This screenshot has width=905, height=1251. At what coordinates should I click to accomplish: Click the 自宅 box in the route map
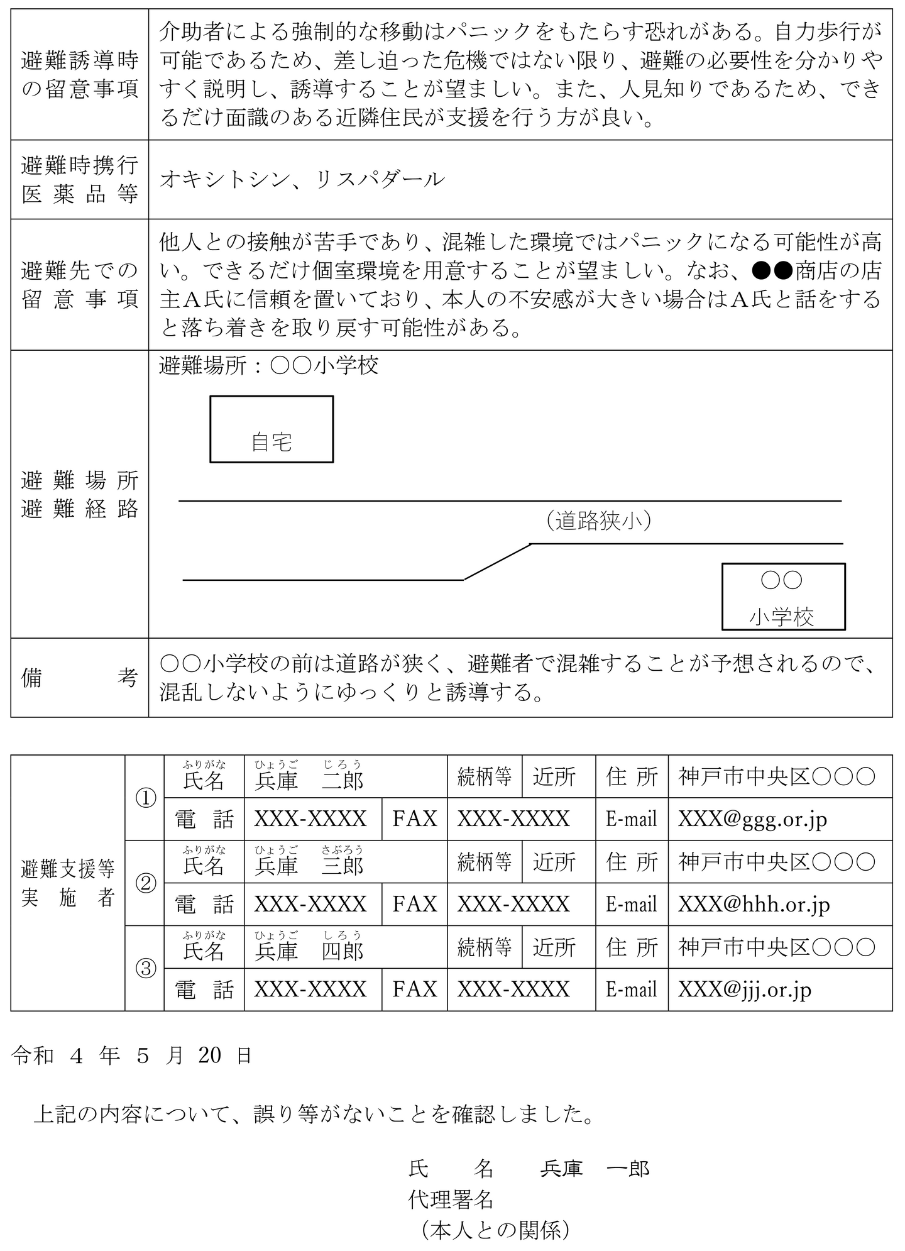pyautogui.click(x=271, y=429)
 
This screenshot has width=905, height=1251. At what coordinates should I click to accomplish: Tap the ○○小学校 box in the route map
pyautogui.click(x=783, y=597)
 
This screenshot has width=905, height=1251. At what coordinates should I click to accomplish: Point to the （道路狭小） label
pyautogui.click(x=598, y=521)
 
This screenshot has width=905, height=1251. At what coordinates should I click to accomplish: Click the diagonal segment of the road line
pyautogui.click(x=497, y=561)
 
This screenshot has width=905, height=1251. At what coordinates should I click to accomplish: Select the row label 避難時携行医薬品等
pyautogui.click(x=79, y=180)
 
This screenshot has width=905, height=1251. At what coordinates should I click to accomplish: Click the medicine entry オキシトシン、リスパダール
pyautogui.click(x=302, y=180)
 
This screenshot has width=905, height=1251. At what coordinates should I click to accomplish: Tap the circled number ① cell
pyautogui.click(x=145, y=798)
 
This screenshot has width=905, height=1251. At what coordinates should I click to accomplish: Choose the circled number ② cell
pyautogui.click(x=145, y=883)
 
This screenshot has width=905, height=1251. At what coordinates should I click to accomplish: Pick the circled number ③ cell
pyautogui.click(x=145, y=968)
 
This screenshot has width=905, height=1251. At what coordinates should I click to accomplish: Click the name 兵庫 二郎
pyautogui.click(x=309, y=780)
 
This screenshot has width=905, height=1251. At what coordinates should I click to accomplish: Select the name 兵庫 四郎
pyautogui.click(x=309, y=951)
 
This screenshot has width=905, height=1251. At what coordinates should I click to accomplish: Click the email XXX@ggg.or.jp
pyautogui.click(x=752, y=819)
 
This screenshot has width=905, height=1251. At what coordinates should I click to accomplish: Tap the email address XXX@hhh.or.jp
pyautogui.click(x=754, y=905)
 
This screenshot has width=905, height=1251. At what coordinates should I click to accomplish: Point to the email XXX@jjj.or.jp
pyautogui.click(x=745, y=990)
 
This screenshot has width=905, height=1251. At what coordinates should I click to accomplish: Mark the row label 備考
pyautogui.click(x=79, y=678)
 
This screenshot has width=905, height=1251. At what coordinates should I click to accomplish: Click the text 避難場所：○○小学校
pyautogui.click(x=269, y=366)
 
